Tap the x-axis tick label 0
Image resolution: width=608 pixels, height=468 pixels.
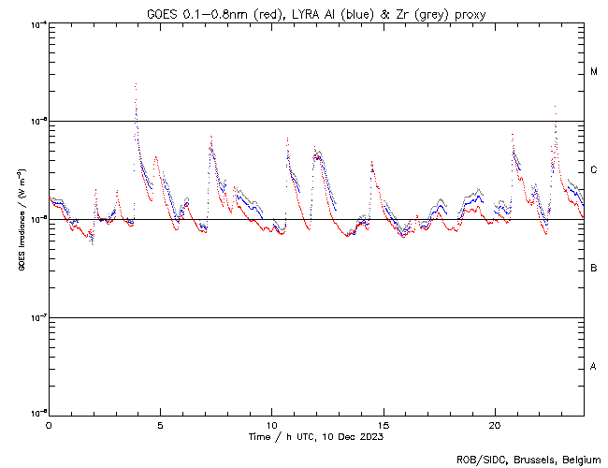coord(49,424)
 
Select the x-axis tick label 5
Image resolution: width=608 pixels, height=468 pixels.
coord(160,424)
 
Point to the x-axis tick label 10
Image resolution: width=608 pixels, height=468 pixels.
coord(271,424)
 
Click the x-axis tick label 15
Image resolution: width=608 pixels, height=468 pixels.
coord(383,424)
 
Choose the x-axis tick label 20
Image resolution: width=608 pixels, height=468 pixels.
coord(494,424)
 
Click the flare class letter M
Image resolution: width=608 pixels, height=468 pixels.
coord(594,72)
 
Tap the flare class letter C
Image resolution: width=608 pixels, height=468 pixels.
coord(594,170)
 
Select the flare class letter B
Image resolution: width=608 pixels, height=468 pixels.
coord(594,269)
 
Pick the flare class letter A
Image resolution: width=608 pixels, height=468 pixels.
coord(594,367)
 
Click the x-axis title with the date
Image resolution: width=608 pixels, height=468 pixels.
coord(316,436)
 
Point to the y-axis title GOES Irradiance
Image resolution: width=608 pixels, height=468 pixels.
coord(21,220)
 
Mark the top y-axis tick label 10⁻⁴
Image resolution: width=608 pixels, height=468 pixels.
coord(36,23)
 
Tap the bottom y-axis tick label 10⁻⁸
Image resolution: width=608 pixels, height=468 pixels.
coord(36,414)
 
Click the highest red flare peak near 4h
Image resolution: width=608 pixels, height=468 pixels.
coord(136,84)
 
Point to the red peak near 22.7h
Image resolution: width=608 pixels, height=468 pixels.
coord(556,107)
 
